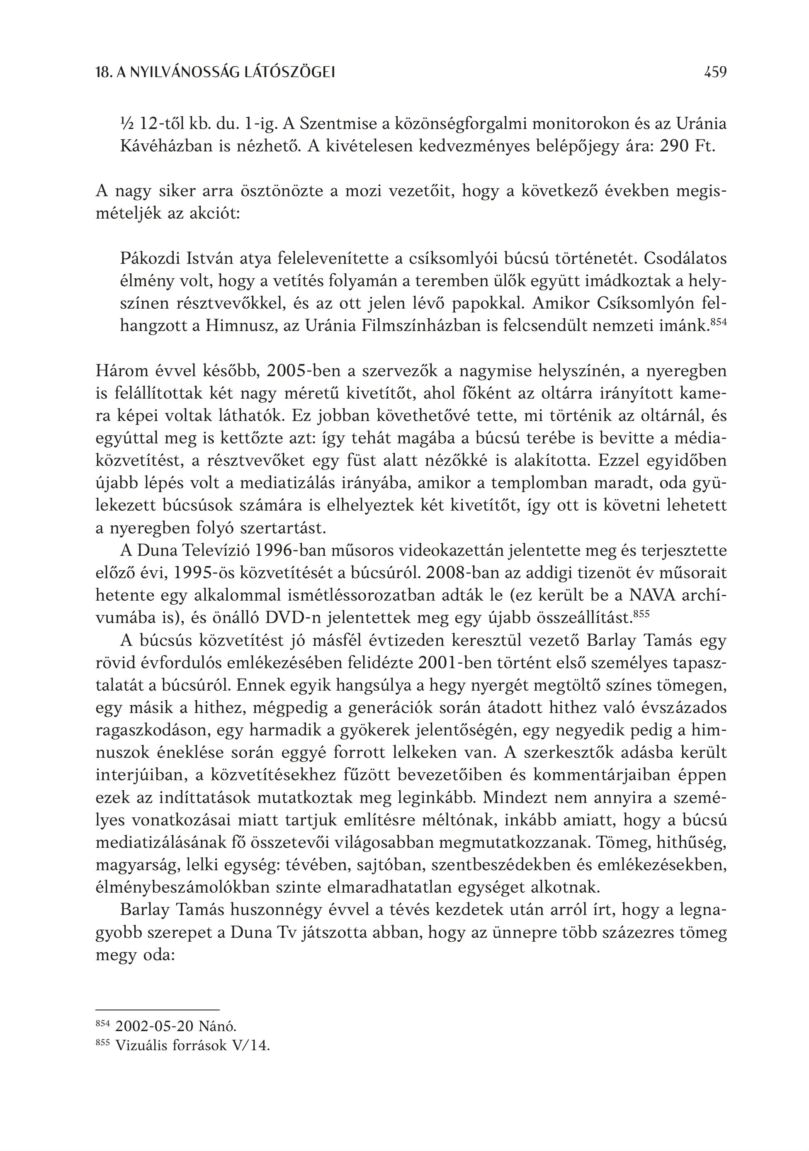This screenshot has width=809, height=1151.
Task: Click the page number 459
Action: pyautogui.click(x=715, y=73)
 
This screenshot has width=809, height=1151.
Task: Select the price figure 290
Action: pyautogui.click(x=677, y=146)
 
